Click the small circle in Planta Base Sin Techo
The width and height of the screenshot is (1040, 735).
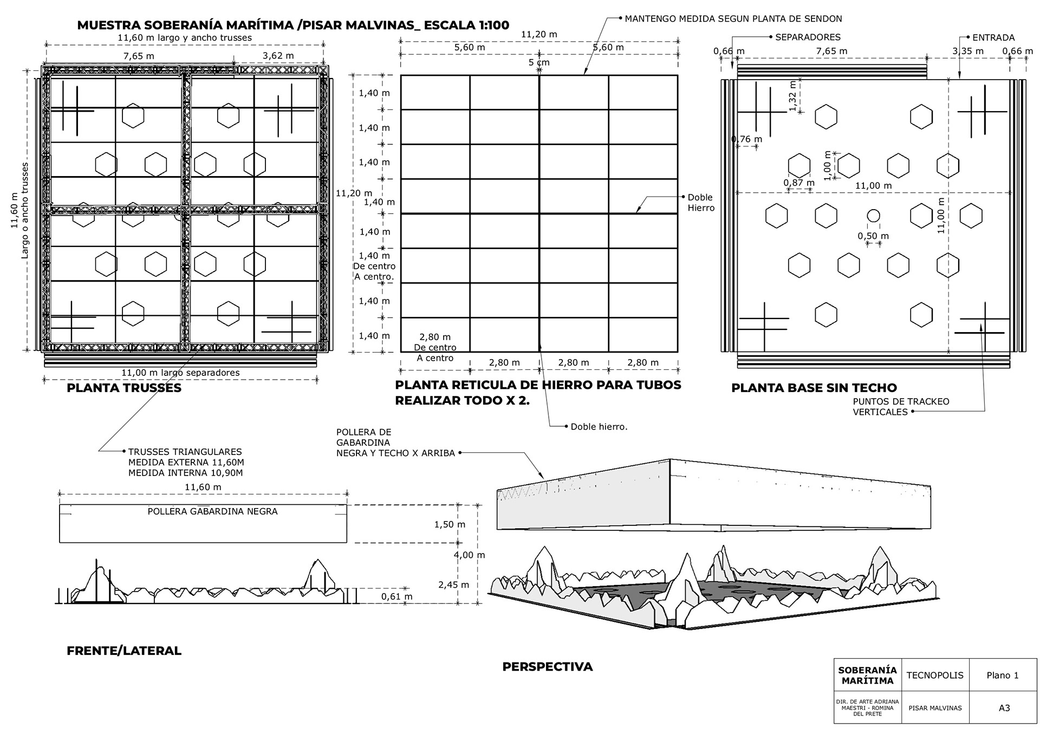pyautogui.click(x=873, y=216)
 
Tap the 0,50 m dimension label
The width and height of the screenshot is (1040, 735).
pyautogui.click(x=873, y=236)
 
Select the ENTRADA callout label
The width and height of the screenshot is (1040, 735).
pyautogui.click(x=993, y=37)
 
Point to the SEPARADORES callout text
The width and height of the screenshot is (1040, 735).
pyautogui.click(x=808, y=37)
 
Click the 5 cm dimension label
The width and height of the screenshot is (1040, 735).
pyautogui.click(x=539, y=62)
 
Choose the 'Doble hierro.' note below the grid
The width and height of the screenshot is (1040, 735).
pyautogui.click(x=599, y=427)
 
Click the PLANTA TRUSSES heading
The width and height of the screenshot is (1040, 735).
pyautogui.click(x=123, y=388)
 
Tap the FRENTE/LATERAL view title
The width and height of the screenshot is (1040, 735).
pyautogui.click(x=123, y=651)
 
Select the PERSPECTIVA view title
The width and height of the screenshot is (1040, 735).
pyautogui.click(x=547, y=667)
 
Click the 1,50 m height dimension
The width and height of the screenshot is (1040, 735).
pyautogui.click(x=450, y=524)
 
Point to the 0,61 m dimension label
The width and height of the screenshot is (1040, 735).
pyautogui.click(x=396, y=597)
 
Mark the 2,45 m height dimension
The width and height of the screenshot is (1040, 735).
pyautogui.click(x=453, y=584)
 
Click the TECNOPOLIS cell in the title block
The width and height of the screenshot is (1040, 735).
pyautogui.click(x=935, y=675)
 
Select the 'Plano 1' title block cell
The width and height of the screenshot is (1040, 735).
pyautogui.click(x=1002, y=675)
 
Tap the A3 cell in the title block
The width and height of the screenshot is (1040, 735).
pyautogui.click(x=1004, y=708)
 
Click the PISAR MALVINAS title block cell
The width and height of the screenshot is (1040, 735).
pyautogui.click(x=935, y=708)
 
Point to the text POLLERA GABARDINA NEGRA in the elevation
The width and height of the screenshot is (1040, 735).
pyautogui.click(x=212, y=511)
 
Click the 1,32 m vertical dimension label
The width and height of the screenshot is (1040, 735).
pyautogui.click(x=792, y=96)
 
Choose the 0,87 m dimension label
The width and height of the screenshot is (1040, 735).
pyautogui.click(x=799, y=183)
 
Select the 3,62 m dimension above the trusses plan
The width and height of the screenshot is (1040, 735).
pyautogui.click(x=278, y=55)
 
